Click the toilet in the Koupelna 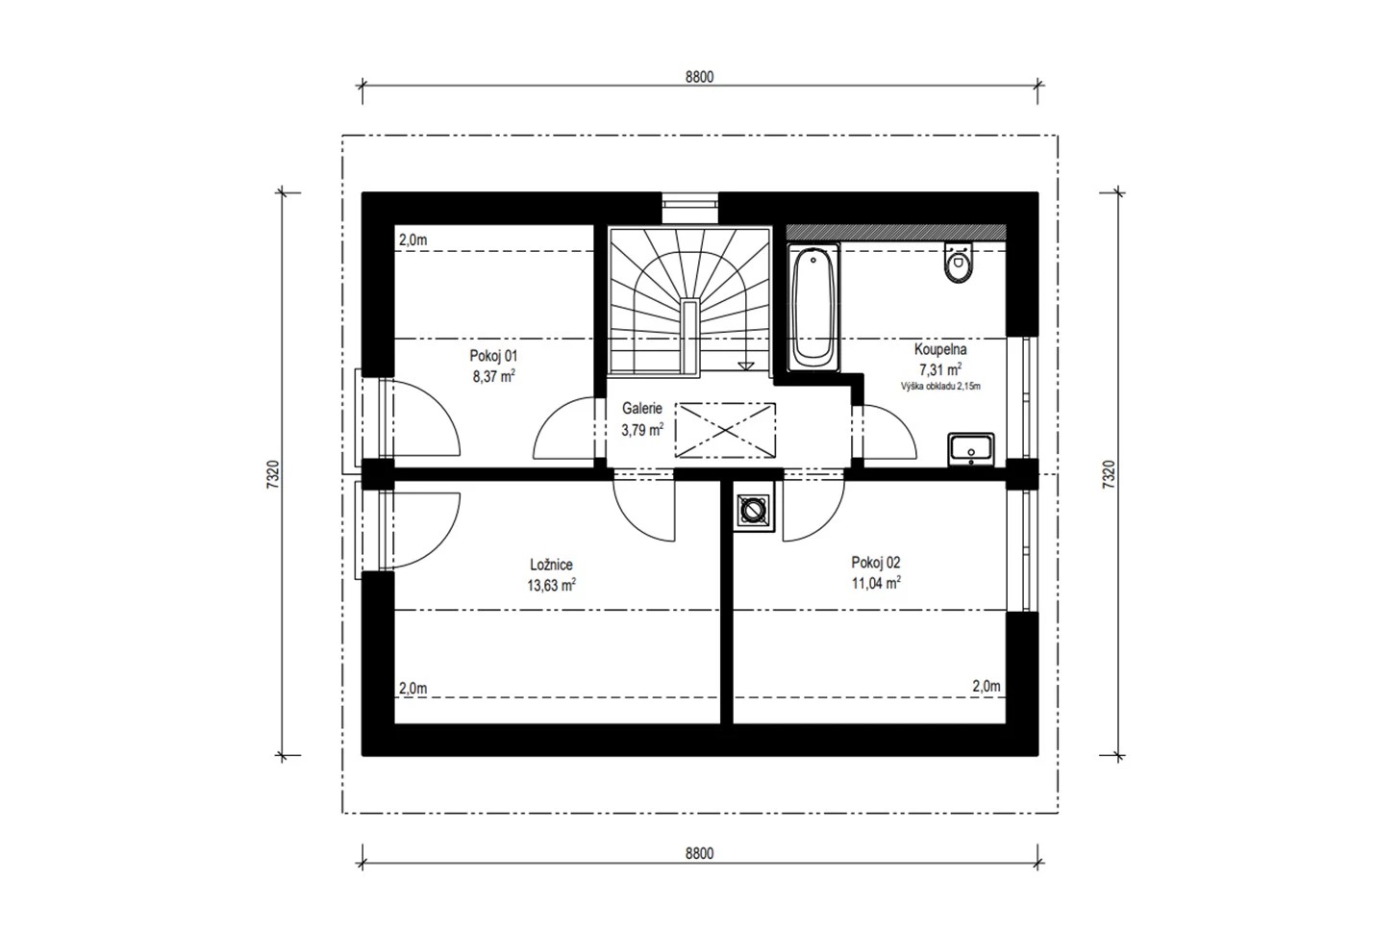959,263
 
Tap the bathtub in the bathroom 813,308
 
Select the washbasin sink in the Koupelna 971,449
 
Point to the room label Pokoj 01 493,356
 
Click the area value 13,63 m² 552,585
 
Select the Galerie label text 642,408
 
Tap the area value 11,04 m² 876,583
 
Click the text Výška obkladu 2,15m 940,387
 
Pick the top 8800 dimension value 700,77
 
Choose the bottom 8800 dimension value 700,853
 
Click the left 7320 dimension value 273,474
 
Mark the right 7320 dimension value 1108,474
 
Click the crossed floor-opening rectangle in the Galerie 725,430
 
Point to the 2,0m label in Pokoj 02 987,686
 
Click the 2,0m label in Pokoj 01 413,240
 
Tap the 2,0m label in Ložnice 413,689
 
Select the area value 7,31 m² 940,369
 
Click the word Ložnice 552,565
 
